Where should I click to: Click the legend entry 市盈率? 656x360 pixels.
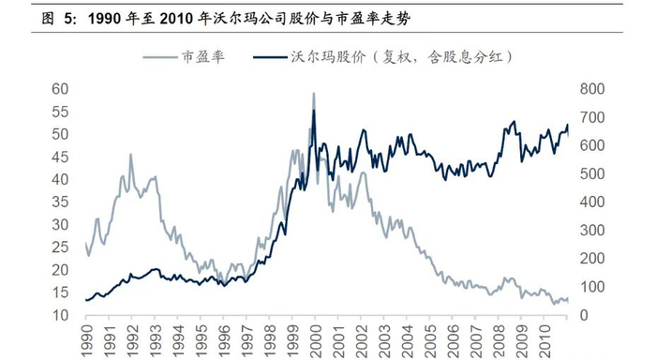(x=203, y=57)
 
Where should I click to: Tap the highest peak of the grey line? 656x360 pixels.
(x=313, y=93)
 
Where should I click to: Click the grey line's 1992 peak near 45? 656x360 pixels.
(x=130, y=155)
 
